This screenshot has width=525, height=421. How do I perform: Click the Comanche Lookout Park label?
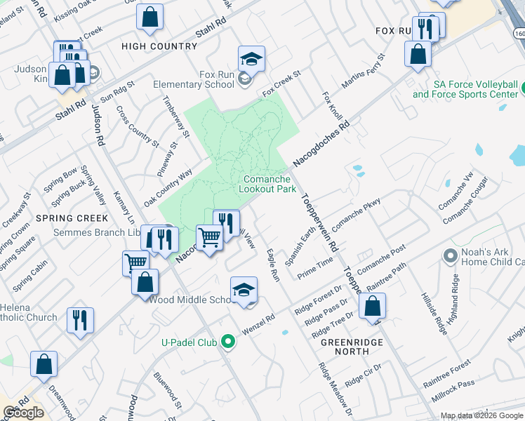pyautogui.click(x=266, y=184)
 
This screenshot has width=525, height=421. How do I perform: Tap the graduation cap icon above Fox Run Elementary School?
pyautogui.click(x=251, y=59)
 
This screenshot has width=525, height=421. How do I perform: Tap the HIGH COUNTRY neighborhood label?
pyautogui.click(x=159, y=46)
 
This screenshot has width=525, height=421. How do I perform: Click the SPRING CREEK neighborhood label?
pyautogui.click(x=72, y=218)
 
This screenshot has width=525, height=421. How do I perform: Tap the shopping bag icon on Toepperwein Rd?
pyautogui.click(x=372, y=307)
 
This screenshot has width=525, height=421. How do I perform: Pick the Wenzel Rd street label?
pyautogui.click(x=258, y=324)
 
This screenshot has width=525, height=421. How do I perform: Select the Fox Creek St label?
pyautogui.click(x=281, y=83)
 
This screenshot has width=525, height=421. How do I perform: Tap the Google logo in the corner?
pyautogui.click(x=23, y=413)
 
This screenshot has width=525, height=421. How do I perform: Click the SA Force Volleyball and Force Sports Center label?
pyautogui.click(x=465, y=89)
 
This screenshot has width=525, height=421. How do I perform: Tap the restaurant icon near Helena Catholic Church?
pyautogui.click(x=80, y=320)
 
